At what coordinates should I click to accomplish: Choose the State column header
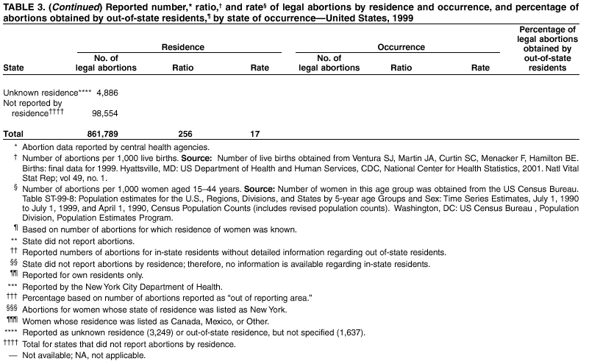pos(13,68)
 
